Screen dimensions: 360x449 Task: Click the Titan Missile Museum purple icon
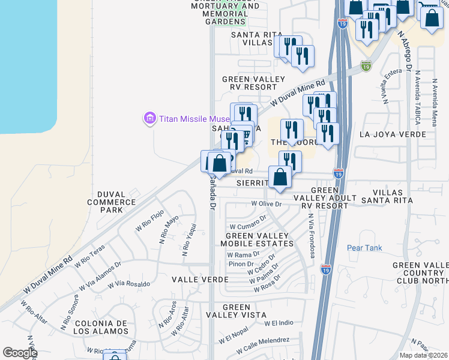tap(149, 118)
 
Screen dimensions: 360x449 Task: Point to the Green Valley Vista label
tap(236, 311)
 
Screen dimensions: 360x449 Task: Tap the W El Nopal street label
tap(234, 336)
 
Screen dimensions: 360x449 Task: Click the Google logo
tap(20, 353)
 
